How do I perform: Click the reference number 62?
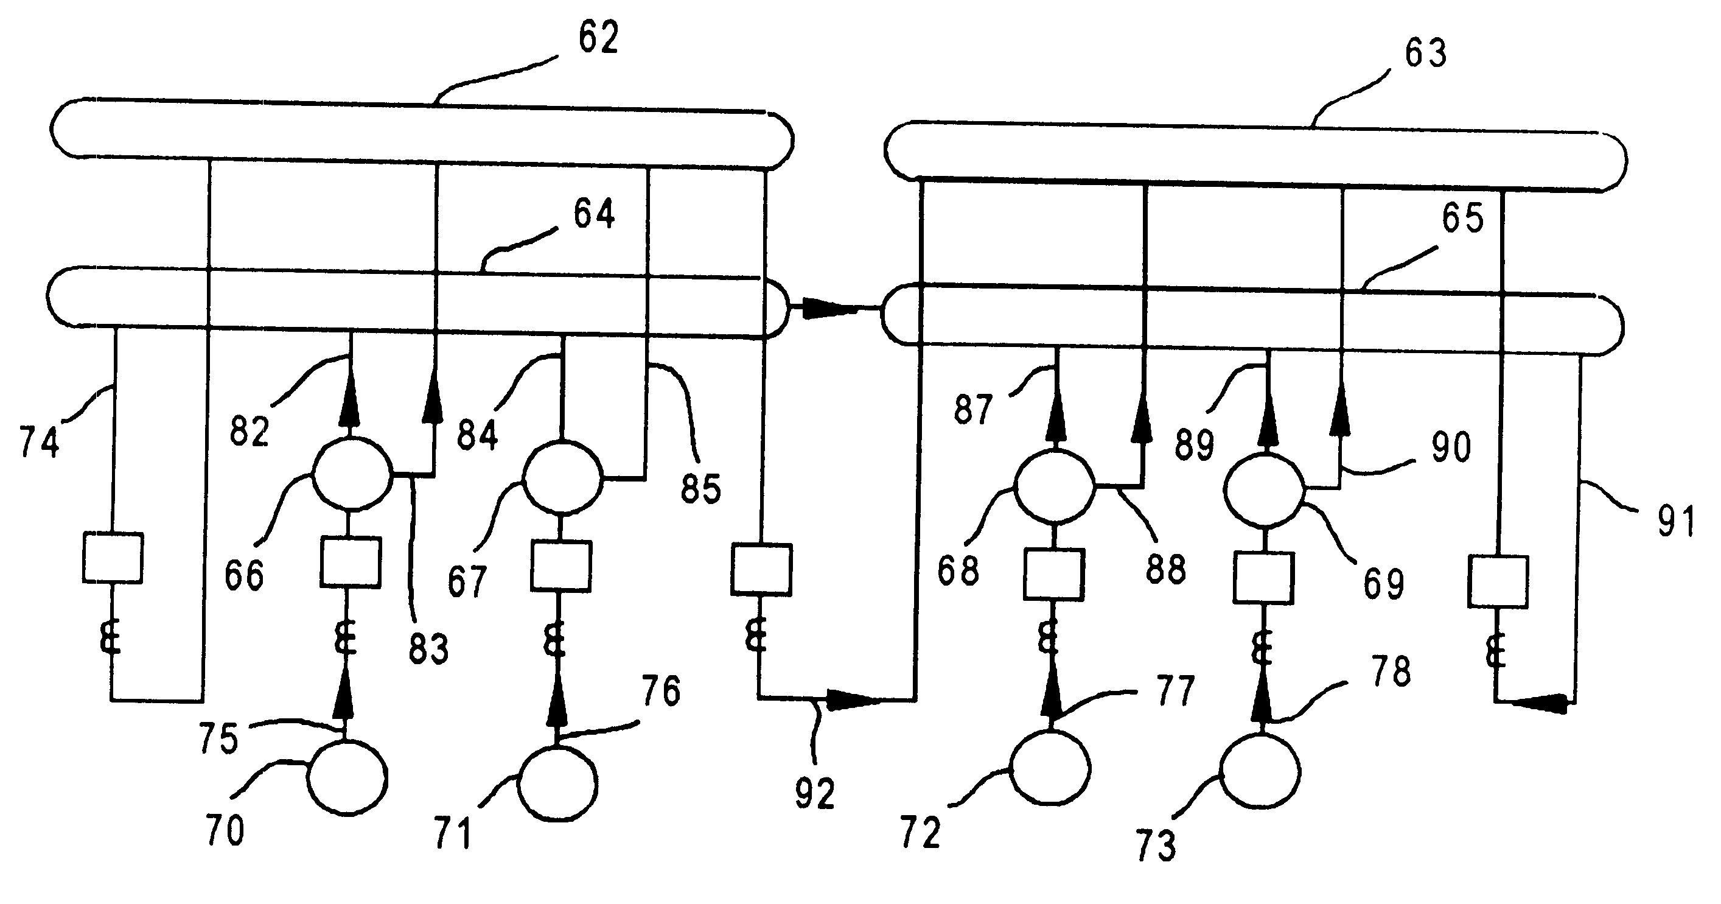coord(598,37)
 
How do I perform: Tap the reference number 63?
coord(1426,53)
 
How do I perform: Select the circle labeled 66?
coord(352,474)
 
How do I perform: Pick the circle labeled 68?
coord(1053,486)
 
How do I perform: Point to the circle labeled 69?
coord(1263,491)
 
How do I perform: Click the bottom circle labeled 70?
coord(347,778)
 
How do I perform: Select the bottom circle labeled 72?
coord(1050,768)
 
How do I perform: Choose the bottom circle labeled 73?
coord(1260,772)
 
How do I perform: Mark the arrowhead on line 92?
coord(852,700)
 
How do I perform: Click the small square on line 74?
coord(112,558)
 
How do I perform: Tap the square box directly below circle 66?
coord(350,562)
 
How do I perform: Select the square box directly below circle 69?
coord(1263,578)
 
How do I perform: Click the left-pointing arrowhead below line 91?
coord(1540,704)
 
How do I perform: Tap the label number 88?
coord(1166,570)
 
